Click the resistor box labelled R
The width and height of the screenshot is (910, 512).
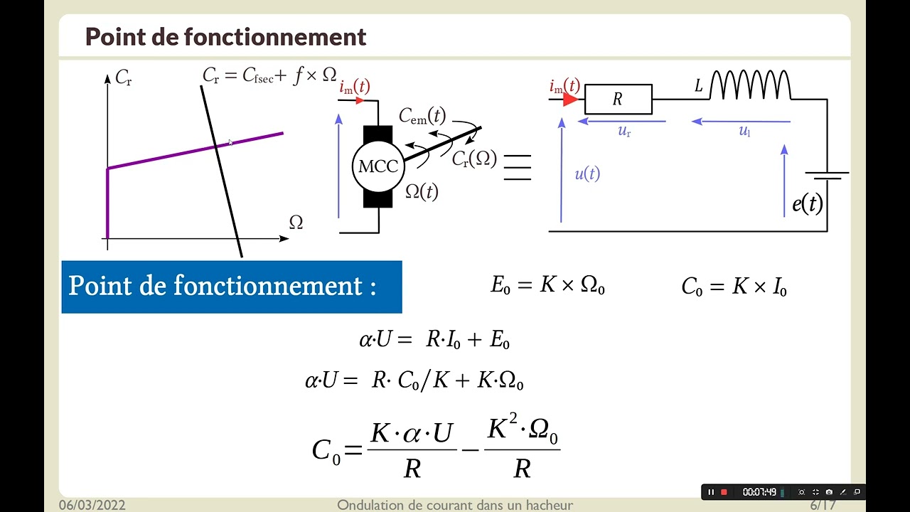(x=619, y=99)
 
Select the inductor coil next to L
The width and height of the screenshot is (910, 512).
(x=750, y=85)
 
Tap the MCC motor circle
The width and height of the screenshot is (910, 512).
(x=378, y=166)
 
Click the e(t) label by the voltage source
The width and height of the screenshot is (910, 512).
(x=808, y=203)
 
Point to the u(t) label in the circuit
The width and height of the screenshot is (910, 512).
(x=587, y=174)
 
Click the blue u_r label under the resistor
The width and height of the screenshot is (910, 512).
(x=624, y=132)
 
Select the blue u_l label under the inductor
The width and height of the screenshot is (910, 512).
(x=744, y=131)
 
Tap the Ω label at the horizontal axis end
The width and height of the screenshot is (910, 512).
(x=296, y=223)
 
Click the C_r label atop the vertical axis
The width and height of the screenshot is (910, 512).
(x=124, y=78)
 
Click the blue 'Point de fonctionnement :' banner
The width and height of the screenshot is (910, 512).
(x=232, y=287)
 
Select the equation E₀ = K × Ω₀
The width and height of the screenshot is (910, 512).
(x=547, y=285)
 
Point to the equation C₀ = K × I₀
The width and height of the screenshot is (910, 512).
(x=734, y=287)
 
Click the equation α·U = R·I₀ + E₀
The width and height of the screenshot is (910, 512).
(x=434, y=339)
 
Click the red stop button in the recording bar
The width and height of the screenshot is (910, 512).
(x=724, y=492)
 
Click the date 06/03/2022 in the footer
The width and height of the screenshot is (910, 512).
(x=92, y=505)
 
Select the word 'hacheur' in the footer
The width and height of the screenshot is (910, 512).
(x=550, y=505)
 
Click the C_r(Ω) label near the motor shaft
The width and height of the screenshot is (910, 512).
(x=474, y=159)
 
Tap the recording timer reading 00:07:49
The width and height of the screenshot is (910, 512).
(x=759, y=492)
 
